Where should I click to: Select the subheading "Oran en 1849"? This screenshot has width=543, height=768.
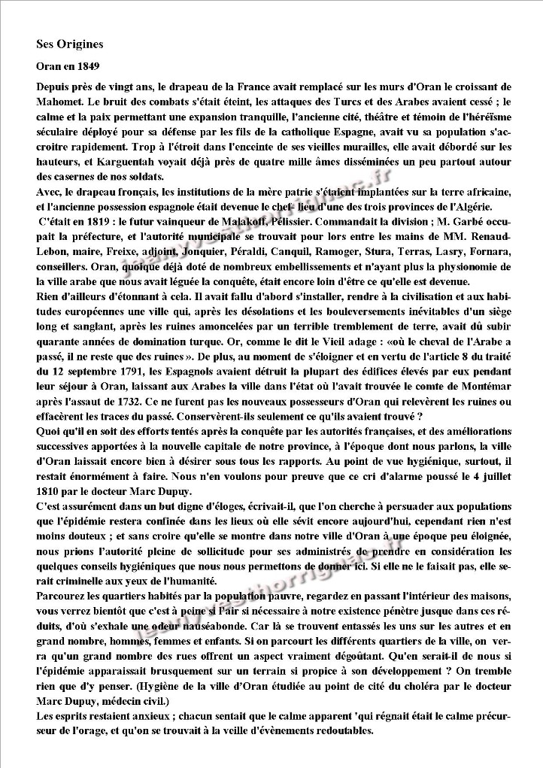click(68, 66)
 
